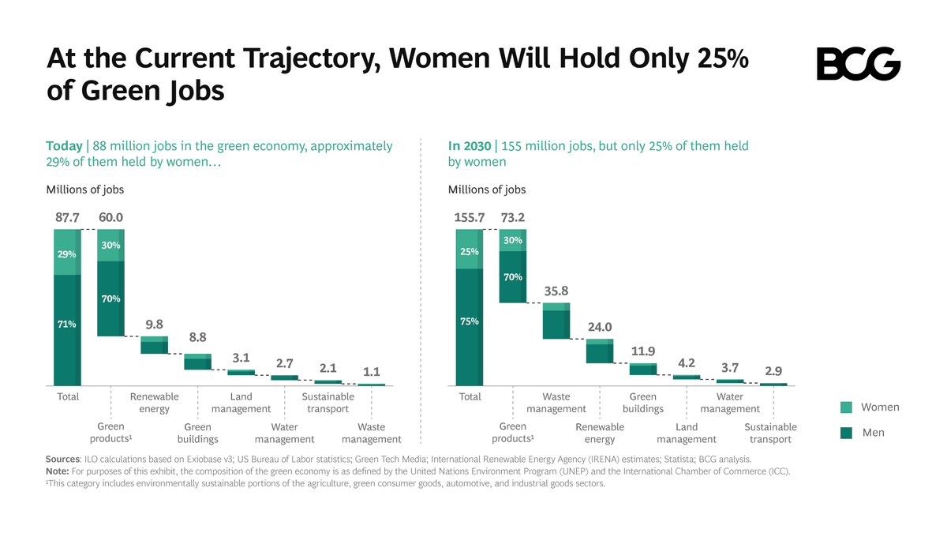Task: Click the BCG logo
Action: tap(858, 64)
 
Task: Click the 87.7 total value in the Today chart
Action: tap(68, 217)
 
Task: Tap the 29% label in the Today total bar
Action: tap(66, 254)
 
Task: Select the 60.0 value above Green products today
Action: tap(110, 217)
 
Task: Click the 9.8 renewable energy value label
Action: tap(155, 325)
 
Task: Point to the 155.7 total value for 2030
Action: tap(470, 217)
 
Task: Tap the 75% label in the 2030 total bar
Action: tap(469, 321)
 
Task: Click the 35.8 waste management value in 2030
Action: tap(556, 291)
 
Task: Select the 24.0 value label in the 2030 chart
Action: tap(600, 327)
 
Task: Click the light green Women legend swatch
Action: tap(845, 407)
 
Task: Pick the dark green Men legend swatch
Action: tap(845, 432)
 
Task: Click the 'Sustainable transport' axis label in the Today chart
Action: tap(328, 403)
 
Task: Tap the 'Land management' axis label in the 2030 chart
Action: tap(687, 433)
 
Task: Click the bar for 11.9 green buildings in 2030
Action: tap(643, 369)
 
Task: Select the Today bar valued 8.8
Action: tap(197, 362)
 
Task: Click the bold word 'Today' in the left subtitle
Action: tap(64, 146)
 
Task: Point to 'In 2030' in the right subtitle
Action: tap(469, 146)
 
